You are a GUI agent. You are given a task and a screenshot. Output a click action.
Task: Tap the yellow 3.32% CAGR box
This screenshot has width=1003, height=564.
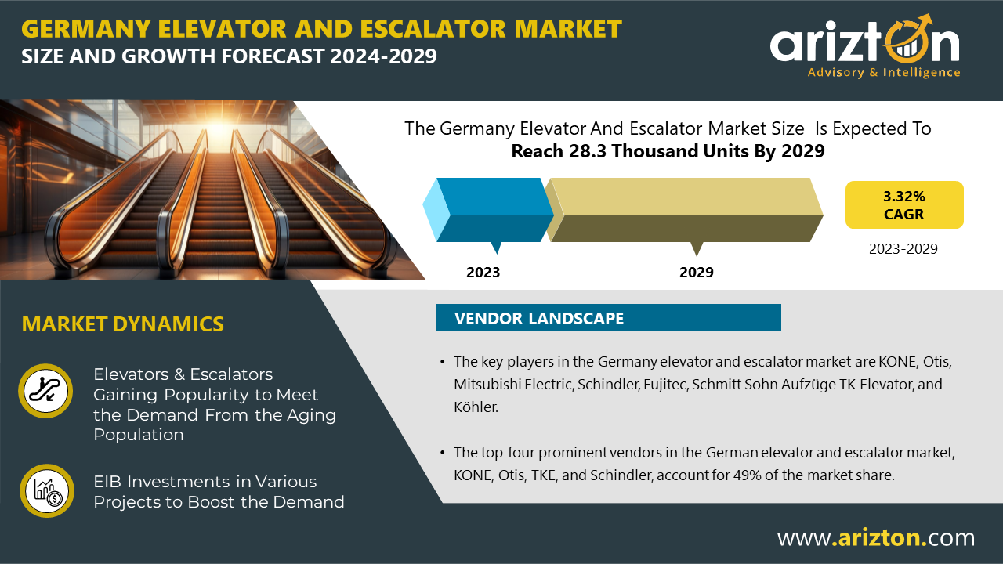click(904, 205)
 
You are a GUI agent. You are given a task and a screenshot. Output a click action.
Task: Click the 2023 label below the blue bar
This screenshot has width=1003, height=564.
click(483, 272)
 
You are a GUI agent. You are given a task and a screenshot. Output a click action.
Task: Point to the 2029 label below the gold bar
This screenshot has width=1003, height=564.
click(697, 272)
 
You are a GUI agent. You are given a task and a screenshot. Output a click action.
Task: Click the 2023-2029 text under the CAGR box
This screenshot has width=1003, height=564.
click(903, 249)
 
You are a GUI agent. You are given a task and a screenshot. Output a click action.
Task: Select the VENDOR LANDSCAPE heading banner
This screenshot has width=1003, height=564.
click(609, 318)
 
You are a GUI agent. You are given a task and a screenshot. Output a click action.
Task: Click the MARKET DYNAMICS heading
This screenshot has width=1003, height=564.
click(123, 324)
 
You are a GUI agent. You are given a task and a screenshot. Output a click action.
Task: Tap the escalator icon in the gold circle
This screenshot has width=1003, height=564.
click(45, 391)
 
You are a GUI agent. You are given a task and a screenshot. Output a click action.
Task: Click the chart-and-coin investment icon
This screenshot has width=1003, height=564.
click(46, 490)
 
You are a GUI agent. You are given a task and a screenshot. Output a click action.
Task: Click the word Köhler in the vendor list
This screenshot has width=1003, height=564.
click(476, 407)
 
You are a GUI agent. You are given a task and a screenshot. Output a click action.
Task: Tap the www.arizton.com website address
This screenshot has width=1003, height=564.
click(876, 537)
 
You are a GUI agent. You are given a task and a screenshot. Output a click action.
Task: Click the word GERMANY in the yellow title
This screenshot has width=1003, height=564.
click(86, 29)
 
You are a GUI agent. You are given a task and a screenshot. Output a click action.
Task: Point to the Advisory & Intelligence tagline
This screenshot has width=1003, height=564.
click(884, 73)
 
